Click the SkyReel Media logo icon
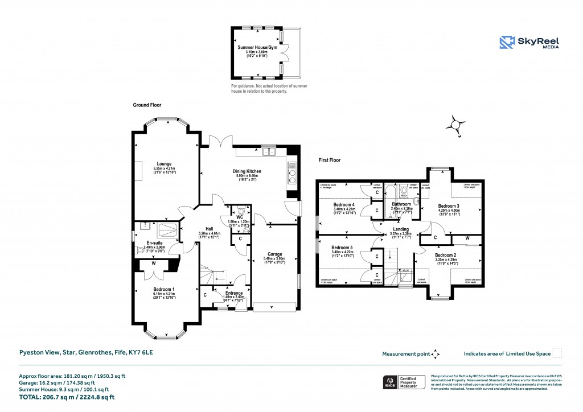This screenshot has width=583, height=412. point(507,43)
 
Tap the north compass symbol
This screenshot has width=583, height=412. point(455,125)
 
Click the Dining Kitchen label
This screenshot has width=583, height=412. point(247,171)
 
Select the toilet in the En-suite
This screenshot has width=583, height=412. point(141,249)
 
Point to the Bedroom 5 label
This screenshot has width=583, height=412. point(343,248)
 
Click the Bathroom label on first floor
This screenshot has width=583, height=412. point(401,204)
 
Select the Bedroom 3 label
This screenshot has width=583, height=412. point(449,205)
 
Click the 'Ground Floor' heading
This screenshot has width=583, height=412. point(148,105)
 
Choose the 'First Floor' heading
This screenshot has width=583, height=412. point(329,160)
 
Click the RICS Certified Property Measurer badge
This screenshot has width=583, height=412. point(404,382)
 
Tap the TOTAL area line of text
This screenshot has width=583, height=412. point(71,397)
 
